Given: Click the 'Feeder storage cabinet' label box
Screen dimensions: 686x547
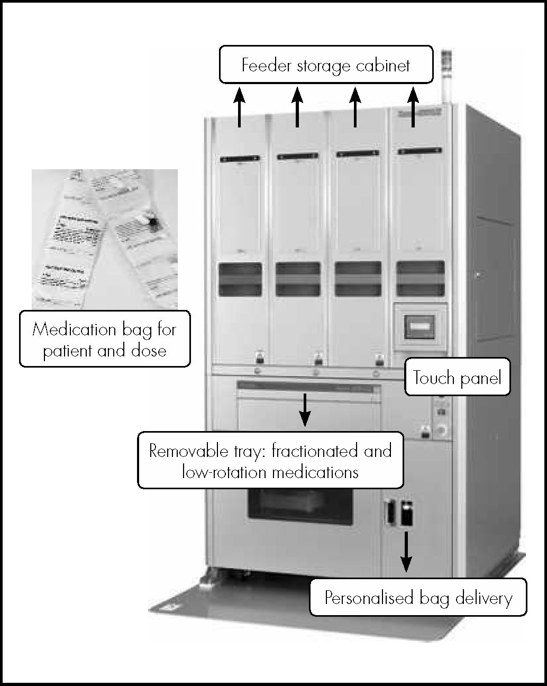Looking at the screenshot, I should [x=326, y=65].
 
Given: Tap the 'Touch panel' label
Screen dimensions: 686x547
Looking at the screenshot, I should [x=457, y=378].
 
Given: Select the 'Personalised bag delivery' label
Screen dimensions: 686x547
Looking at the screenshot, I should [x=418, y=598].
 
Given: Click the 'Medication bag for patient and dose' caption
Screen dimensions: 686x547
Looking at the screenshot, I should [x=105, y=339].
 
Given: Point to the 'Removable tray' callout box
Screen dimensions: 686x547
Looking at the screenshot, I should [x=270, y=460].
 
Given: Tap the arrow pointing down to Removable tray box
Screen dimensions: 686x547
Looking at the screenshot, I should [x=305, y=409].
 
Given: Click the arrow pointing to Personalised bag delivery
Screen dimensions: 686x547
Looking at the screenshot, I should [x=406, y=551].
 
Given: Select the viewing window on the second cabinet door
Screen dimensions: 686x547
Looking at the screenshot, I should [x=298, y=279].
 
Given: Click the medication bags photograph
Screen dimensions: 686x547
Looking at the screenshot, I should [x=104, y=239].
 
